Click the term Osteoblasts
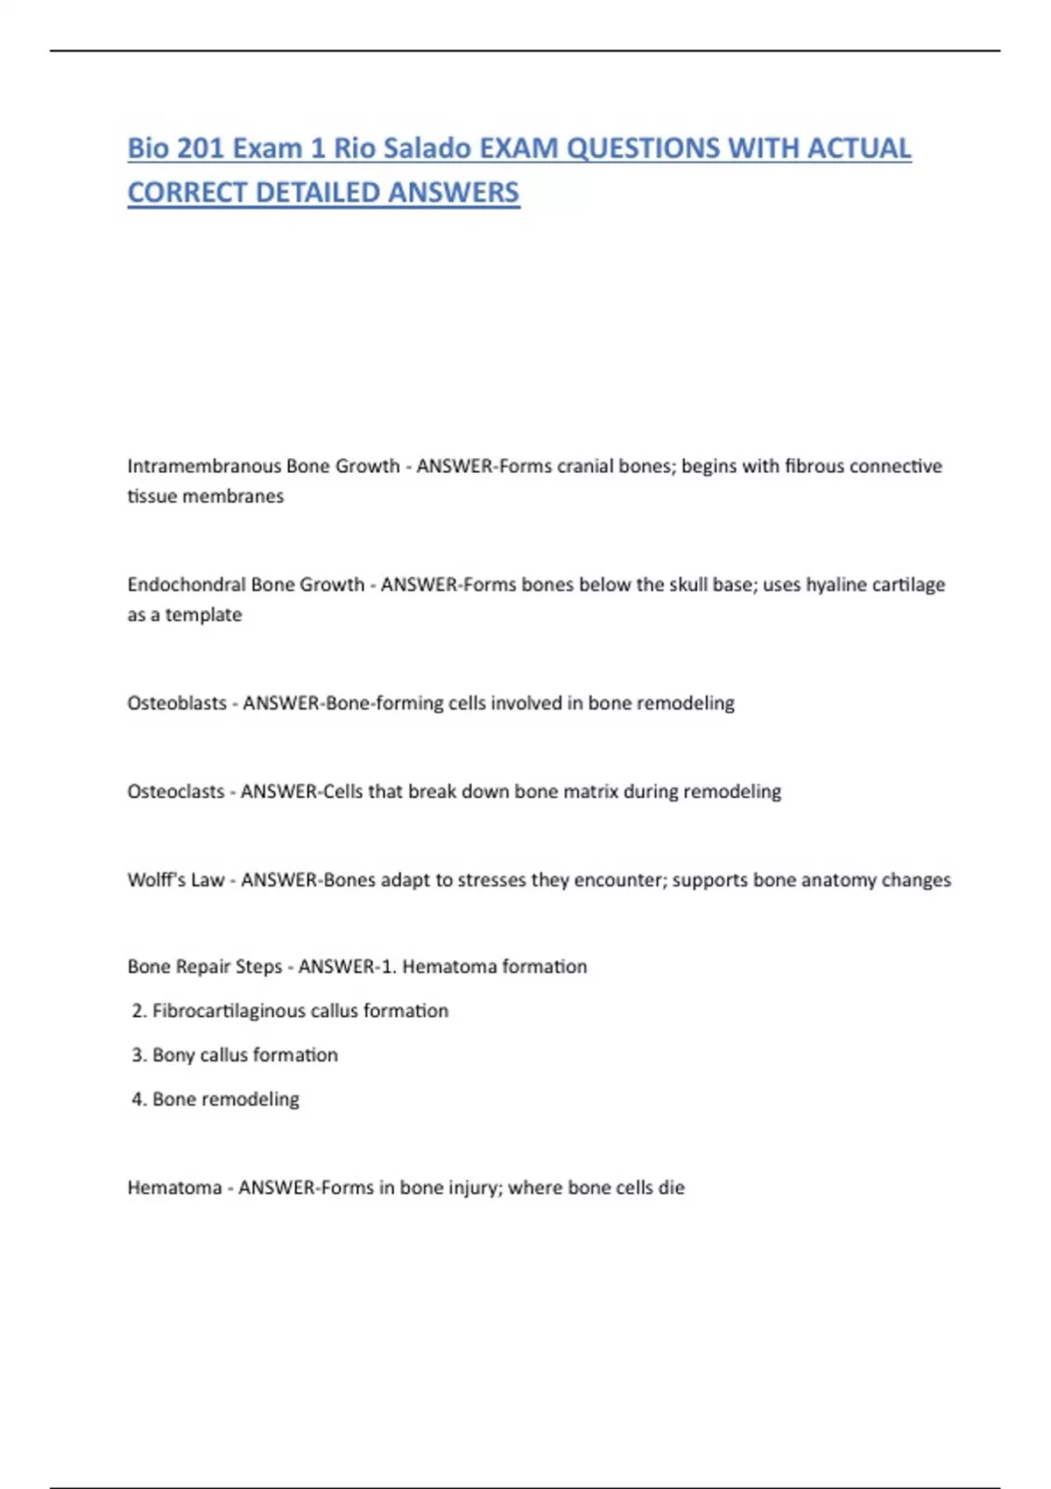point(176,702)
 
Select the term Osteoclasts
point(175,791)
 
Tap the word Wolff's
point(155,879)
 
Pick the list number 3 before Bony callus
point(138,1055)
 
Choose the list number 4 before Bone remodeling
point(138,1099)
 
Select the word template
point(203,615)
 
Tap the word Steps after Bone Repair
point(258,967)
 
